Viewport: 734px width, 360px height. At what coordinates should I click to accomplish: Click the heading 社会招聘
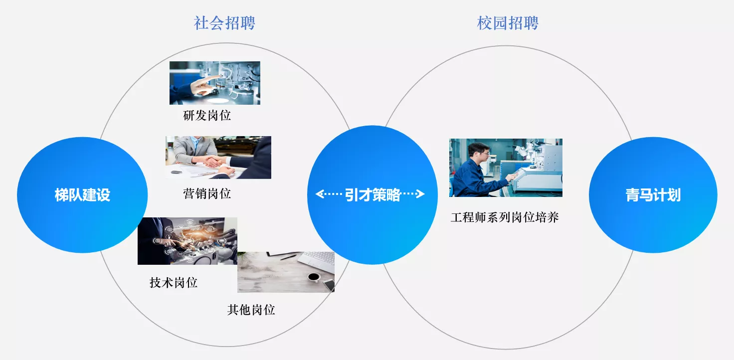pyautogui.click(x=224, y=23)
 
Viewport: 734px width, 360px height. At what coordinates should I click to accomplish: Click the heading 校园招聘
pyautogui.click(x=508, y=23)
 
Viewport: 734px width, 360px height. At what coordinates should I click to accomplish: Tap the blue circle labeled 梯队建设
pyautogui.click(x=82, y=195)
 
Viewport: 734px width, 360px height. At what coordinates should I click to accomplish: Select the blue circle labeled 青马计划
pyautogui.click(x=653, y=195)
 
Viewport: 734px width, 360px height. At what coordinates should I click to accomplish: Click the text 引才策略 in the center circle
pyautogui.click(x=373, y=195)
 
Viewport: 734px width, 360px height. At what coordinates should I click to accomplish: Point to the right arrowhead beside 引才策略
pyautogui.click(x=420, y=194)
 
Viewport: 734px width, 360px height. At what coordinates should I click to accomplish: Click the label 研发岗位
pyautogui.click(x=207, y=116)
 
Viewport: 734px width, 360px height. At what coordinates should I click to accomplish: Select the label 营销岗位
pyautogui.click(x=207, y=193)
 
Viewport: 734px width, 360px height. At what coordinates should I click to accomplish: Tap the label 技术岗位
pyautogui.click(x=174, y=282)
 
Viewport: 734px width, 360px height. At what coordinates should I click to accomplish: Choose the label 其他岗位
pyautogui.click(x=251, y=310)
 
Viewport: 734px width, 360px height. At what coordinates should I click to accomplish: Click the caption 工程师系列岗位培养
pyautogui.click(x=505, y=217)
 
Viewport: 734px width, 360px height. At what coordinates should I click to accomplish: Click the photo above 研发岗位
pyautogui.click(x=214, y=83)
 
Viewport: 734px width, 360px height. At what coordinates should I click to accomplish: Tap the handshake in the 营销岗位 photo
pyautogui.click(x=213, y=161)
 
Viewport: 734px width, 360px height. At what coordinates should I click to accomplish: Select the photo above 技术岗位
pyautogui.click(x=187, y=241)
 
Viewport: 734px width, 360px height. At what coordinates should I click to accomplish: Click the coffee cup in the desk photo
pyautogui.click(x=314, y=277)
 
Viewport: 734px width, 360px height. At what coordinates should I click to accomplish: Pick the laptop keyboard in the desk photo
pyautogui.click(x=317, y=259)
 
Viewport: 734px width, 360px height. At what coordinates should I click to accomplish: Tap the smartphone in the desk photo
pyautogui.click(x=329, y=285)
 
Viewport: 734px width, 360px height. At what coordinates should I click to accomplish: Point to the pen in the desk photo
pyautogui.click(x=288, y=257)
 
